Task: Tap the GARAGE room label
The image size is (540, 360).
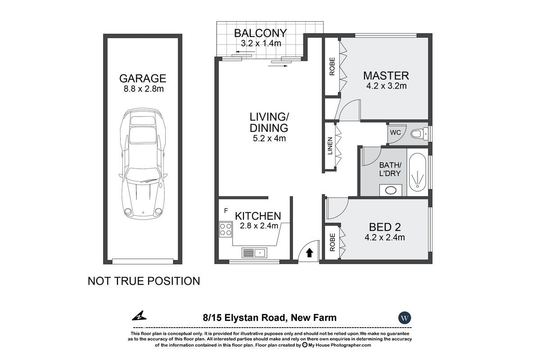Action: [144, 78]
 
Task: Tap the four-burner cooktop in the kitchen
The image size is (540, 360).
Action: [225, 229]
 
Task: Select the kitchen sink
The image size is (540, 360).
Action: [254, 252]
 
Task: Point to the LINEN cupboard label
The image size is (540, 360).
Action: [330, 146]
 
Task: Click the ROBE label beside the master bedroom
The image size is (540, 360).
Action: [332, 67]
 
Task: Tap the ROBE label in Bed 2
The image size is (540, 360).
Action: [332, 242]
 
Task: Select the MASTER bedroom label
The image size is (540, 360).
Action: [386, 75]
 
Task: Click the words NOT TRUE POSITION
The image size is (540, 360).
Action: [144, 281]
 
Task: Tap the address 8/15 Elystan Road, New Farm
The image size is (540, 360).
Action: [269, 318]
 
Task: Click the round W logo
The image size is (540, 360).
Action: [405, 318]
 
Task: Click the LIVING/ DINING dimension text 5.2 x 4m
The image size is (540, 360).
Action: [269, 138]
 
